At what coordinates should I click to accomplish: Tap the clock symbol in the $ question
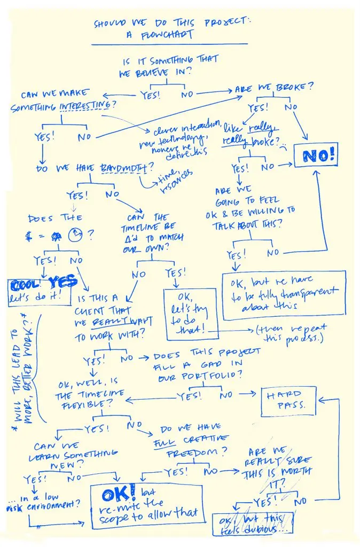pos(76,235)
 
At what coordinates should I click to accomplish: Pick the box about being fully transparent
pos(284,294)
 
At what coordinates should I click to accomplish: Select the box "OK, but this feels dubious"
pos(253,525)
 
